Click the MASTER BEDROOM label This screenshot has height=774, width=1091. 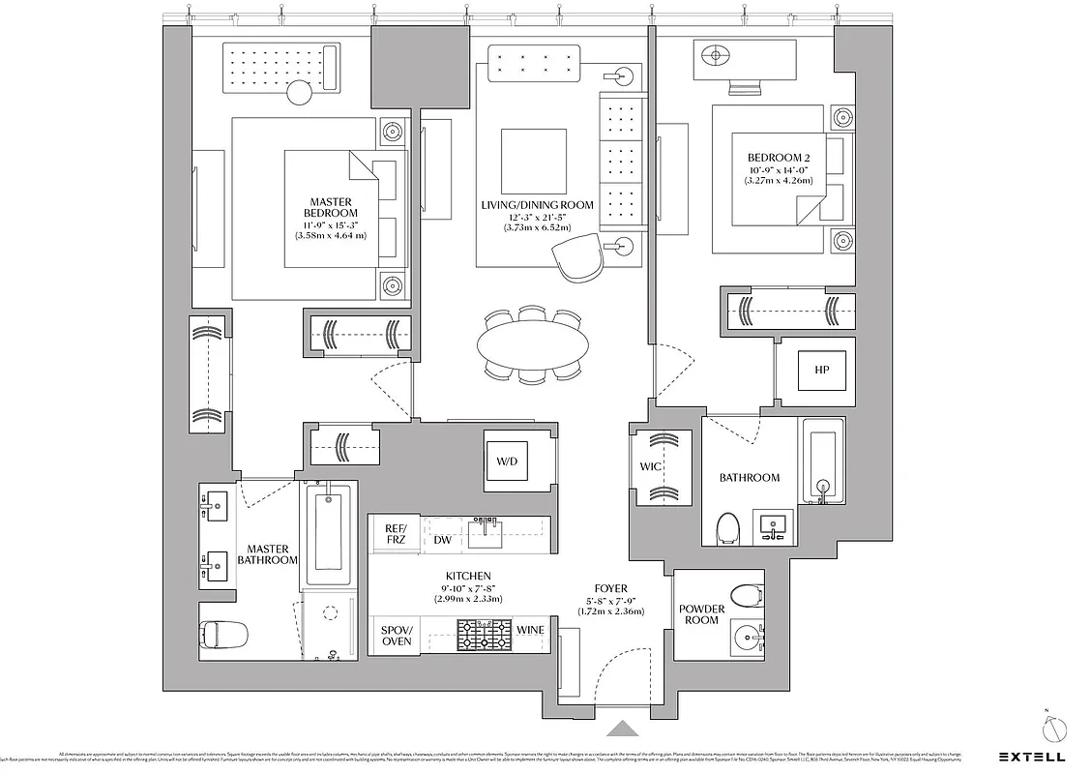(x=329, y=207)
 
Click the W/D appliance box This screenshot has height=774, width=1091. (x=508, y=461)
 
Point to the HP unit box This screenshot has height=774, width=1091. (x=822, y=371)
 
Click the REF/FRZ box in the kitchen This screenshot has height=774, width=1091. (x=396, y=534)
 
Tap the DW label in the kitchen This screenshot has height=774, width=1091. (x=443, y=540)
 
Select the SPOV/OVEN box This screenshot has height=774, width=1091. (x=396, y=635)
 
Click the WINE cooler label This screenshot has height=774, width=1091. (x=530, y=631)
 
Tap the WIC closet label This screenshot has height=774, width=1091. (x=649, y=467)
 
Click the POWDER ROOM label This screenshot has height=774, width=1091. (x=701, y=614)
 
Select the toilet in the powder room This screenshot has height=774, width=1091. (x=746, y=593)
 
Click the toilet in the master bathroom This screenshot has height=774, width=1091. (x=223, y=635)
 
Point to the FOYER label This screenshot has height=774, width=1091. (x=610, y=588)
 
